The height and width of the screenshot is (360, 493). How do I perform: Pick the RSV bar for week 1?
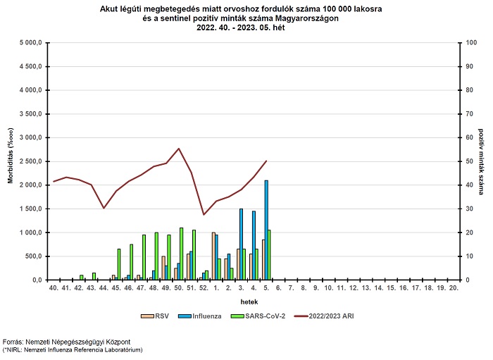[x=213, y=256]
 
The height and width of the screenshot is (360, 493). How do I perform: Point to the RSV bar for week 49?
[x=163, y=268]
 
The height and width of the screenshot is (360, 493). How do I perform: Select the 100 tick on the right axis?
[x=462, y=43]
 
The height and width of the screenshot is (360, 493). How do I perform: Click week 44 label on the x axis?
[x=104, y=288]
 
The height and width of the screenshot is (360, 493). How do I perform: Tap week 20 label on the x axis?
[x=441, y=288]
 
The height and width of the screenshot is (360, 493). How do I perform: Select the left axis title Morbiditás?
[x=11, y=161]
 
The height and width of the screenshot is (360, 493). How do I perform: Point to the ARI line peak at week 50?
[x=179, y=149]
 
